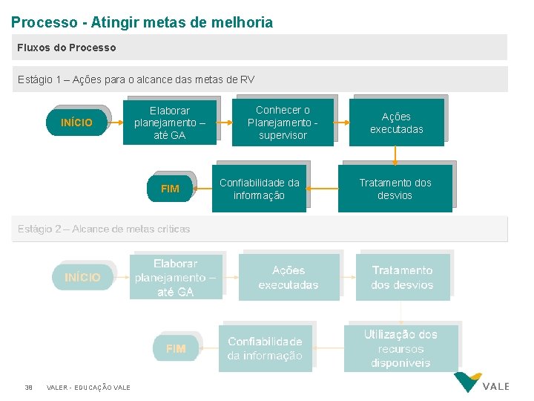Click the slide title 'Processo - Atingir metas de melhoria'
point(142,22)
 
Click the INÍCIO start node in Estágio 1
point(77,123)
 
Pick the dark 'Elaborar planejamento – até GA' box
point(170,123)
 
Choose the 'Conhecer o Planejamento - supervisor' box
point(283,123)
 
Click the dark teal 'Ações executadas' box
point(397,123)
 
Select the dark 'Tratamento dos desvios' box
point(395,189)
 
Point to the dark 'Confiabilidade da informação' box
point(259,189)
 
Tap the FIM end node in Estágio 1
point(170,189)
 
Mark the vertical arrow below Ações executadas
point(395,154)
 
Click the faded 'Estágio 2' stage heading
point(104,229)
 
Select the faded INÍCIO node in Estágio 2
point(82,277)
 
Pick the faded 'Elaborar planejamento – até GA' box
point(176,277)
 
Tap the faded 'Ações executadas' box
point(289,277)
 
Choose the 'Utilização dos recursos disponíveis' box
point(401,348)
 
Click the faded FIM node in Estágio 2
point(176,348)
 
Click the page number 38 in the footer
point(28,387)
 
